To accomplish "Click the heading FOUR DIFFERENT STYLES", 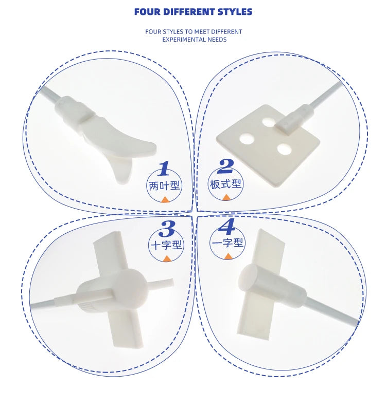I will (193, 12).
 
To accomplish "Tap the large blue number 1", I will (164, 169).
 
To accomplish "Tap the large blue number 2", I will (225, 166).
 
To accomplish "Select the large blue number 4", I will (226, 227).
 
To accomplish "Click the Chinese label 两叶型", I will (164, 185).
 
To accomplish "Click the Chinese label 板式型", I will (225, 183).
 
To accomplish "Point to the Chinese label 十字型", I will (166, 245).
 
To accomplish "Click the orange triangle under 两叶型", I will (165, 199).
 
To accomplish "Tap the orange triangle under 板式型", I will (226, 197).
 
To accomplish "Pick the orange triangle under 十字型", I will (166, 258).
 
